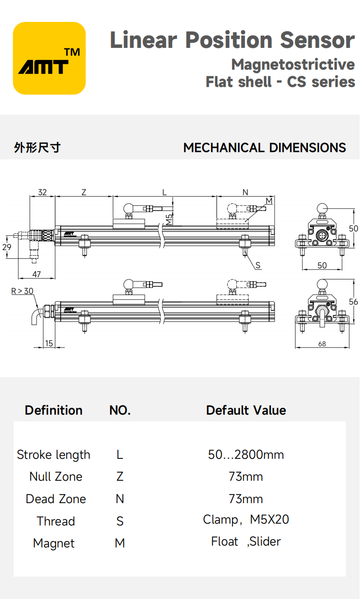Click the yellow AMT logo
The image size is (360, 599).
click(x=49, y=58)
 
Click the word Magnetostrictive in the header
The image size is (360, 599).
click(x=292, y=64)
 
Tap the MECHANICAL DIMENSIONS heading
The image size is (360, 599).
click(x=264, y=148)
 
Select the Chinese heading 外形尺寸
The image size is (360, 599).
click(x=37, y=148)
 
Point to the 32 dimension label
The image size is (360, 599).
click(x=42, y=192)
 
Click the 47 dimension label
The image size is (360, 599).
click(x=36, y=274)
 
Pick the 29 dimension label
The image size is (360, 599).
click(x=6, y=247)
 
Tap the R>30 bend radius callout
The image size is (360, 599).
click(x=22, y=290)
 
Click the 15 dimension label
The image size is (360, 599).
click(x=49, y=343)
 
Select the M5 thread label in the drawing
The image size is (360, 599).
click(x=169, y=219)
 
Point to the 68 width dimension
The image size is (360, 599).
click(x=322, y=344)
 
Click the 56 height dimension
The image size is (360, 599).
click(x=353, y=302)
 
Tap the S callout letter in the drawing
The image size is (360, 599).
click(x=258, y=265)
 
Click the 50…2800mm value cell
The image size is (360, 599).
click(x=246, y=455)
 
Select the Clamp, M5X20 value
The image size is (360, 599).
click(x=246, y=520)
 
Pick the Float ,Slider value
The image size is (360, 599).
click(x=246, y=542)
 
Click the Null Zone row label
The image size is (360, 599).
click(x=56, y=477)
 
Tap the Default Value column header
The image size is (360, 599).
click(x=246, y=410)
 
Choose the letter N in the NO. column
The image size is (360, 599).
click(x=120, y=499)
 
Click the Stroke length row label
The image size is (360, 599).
click(x=53, y=455)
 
